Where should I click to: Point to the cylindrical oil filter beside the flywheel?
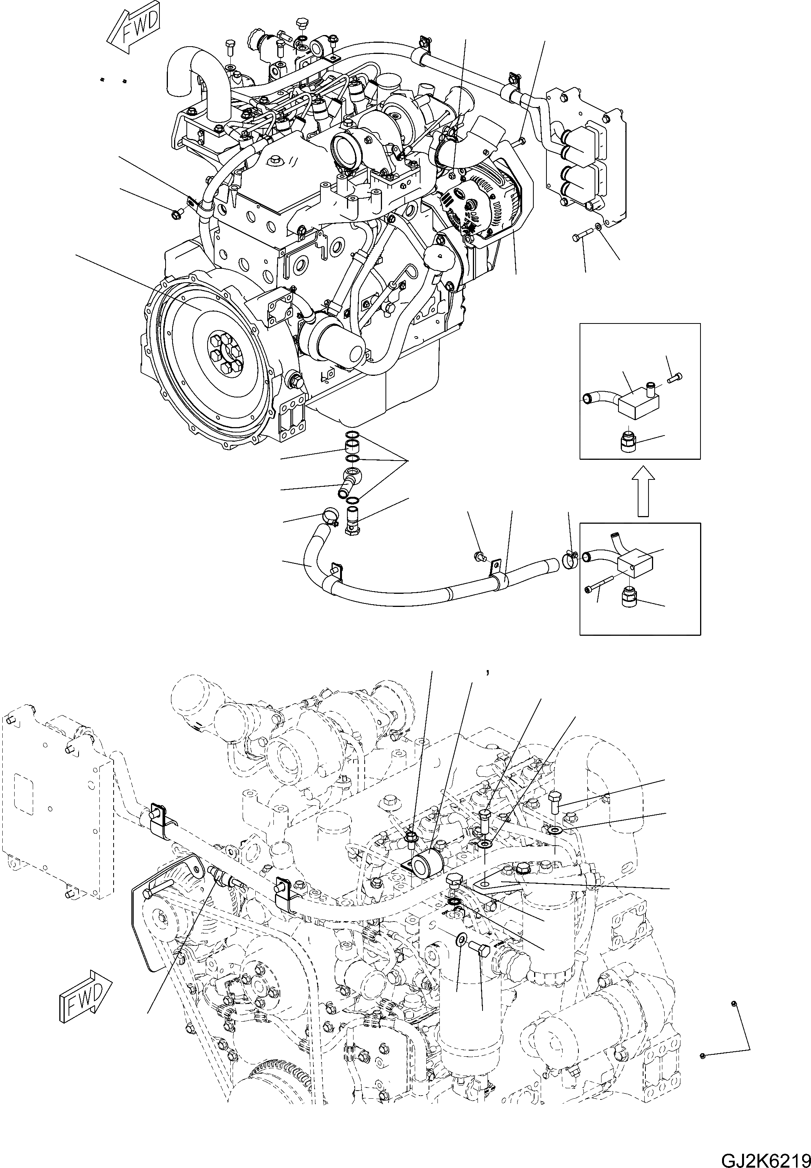333,346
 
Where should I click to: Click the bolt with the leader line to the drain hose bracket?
479,555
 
